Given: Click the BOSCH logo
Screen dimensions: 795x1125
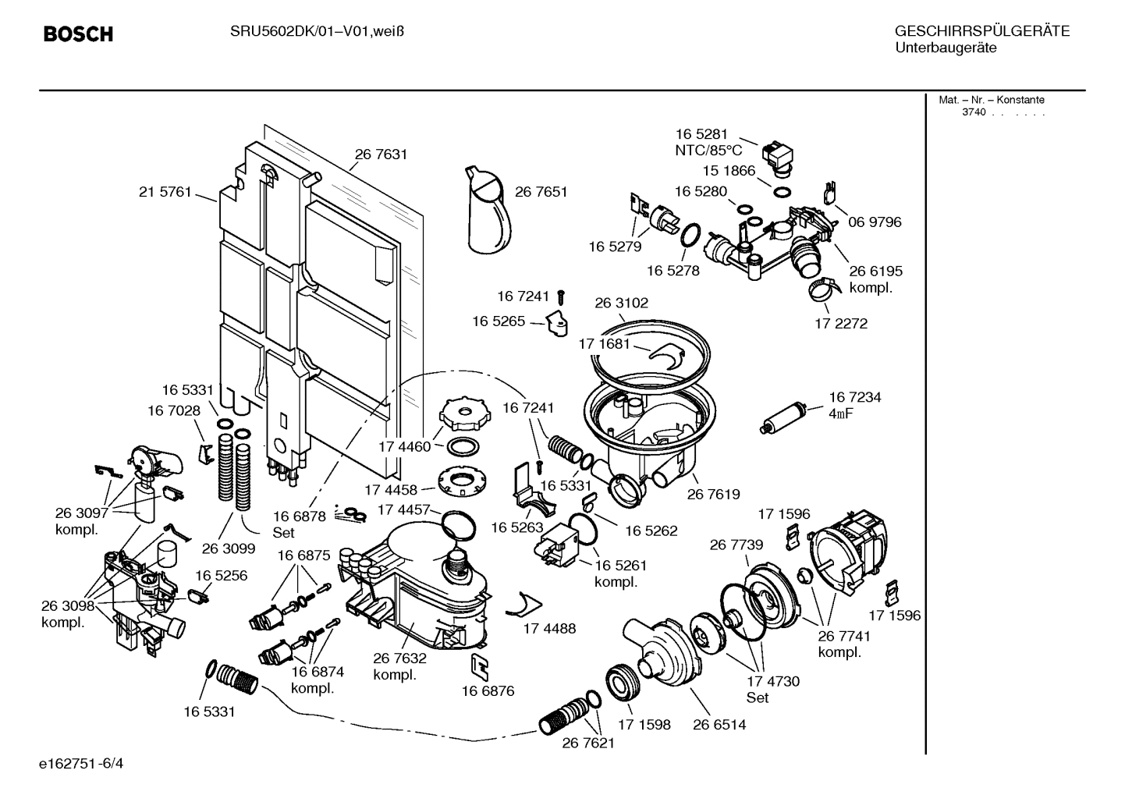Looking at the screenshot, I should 78,34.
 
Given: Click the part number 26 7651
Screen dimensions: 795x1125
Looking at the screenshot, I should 541,192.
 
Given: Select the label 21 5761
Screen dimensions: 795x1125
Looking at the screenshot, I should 165,192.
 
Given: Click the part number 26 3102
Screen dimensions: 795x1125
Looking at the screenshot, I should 621,303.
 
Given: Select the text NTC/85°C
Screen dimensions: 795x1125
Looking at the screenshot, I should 708,151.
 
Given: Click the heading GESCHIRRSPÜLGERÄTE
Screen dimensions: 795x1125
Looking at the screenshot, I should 981,32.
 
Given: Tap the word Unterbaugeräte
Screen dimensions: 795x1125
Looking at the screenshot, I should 945,48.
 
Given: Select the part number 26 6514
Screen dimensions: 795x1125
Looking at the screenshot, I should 719,725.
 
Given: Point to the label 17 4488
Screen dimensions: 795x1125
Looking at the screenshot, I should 548,628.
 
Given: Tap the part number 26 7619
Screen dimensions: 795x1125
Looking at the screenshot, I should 713,494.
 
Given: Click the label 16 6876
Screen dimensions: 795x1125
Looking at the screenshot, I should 488,690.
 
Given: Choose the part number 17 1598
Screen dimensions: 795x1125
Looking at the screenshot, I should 644,725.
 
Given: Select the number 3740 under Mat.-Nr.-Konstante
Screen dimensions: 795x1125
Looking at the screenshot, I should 973,112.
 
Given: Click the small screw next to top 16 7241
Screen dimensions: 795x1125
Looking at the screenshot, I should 561,296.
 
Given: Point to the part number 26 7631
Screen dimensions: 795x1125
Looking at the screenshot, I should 381,154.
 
